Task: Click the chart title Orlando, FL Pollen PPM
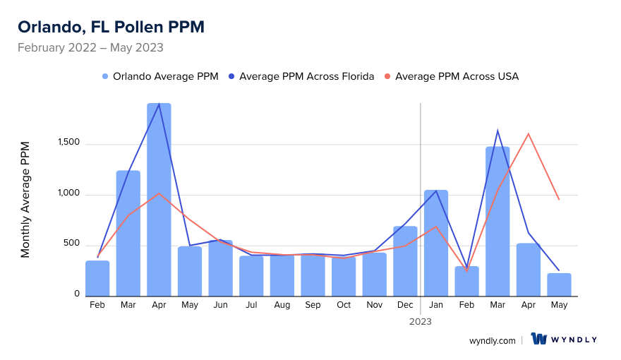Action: point(111,27)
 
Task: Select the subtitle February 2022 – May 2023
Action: point(90,48)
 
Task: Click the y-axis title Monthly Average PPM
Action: point(25,199)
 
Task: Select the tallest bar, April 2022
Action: point(159,200)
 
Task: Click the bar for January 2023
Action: point(436,243)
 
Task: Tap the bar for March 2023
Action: point(498,221)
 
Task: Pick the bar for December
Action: point(405,261)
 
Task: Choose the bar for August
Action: point(282,275)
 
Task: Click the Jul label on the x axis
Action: point(251,305)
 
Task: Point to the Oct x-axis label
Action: point(344,305)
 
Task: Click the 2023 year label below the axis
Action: point(421,321)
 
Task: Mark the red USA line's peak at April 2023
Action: point(528,133)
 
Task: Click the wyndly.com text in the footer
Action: point(492,340)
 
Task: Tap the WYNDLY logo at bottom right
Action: point(564,340)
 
